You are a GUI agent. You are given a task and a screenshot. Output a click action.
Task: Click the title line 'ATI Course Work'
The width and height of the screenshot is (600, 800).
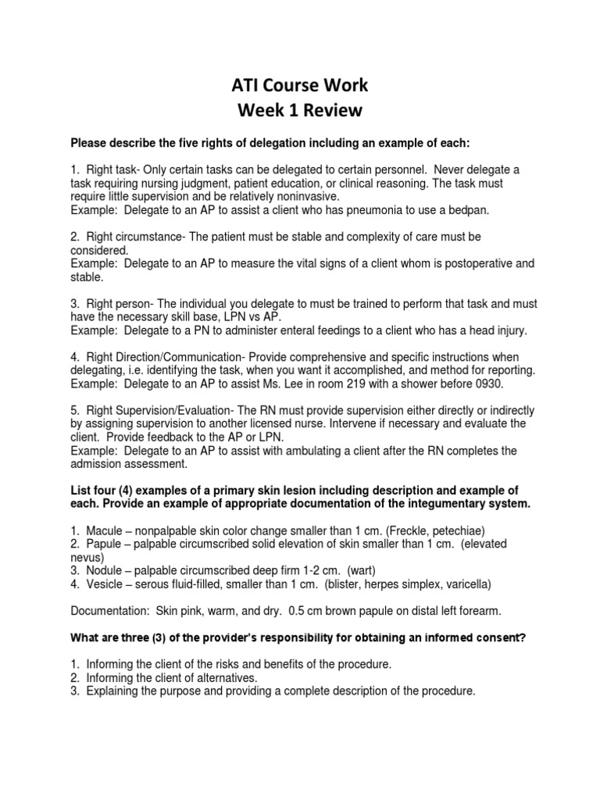coord(300,84)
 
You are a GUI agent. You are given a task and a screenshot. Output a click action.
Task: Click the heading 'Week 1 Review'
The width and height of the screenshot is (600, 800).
coord(300,110)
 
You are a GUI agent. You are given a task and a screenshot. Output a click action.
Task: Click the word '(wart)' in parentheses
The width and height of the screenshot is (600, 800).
coord(363,571)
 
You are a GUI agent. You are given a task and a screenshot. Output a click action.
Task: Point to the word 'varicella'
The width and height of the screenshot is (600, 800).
coord(462,584)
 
